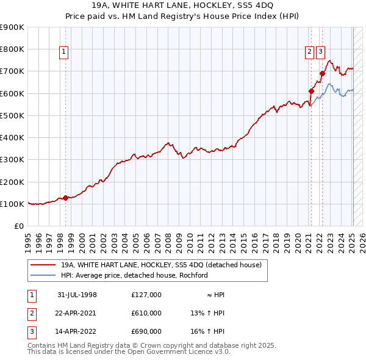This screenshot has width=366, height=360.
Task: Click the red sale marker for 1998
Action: (66, 198)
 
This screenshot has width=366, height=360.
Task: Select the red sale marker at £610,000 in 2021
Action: (310, 91)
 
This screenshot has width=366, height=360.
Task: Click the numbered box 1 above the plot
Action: (63, 52)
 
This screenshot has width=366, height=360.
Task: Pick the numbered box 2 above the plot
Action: (310, 52)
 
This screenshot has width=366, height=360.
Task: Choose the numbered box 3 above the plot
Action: (320, 52)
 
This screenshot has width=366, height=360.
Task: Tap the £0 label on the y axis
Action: (19, 226)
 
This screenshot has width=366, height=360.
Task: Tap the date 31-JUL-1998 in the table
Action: (77, 295)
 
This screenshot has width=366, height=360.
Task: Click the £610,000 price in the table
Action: (146, 313)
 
